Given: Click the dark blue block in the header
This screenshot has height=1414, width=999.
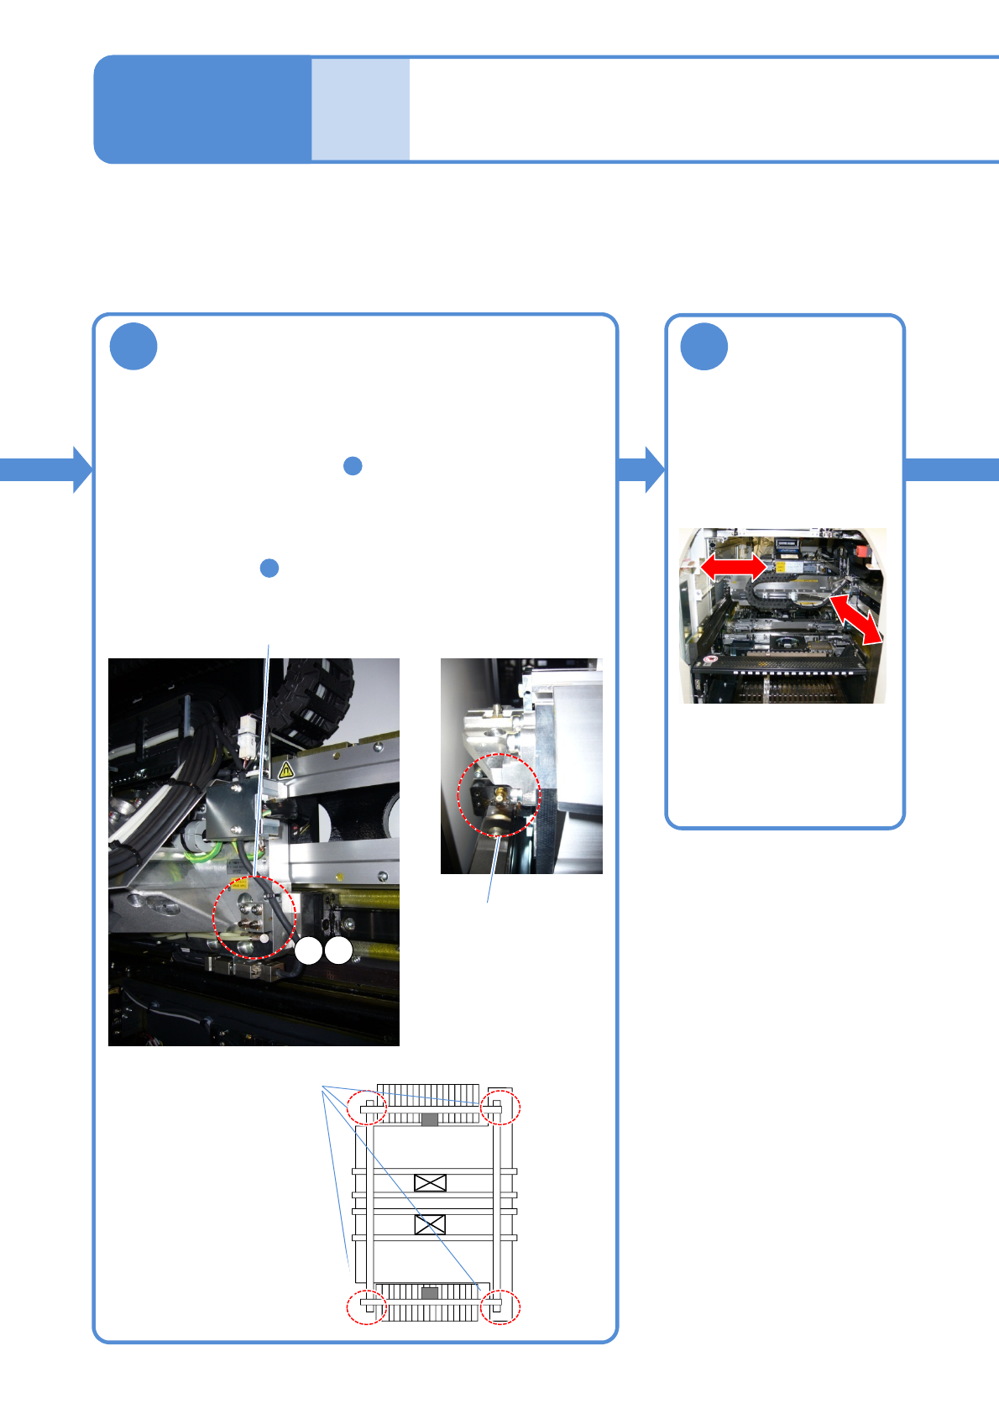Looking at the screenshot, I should (x=202, y=109).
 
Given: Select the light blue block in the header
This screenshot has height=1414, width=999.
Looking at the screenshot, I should (x=360, y=109).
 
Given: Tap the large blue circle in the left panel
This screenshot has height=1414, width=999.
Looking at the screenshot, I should (x=133, y=346).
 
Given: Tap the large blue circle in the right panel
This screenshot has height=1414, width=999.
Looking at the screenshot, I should (x=703, y=346).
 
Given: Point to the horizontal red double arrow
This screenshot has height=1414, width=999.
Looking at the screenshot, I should (x=733, y=567).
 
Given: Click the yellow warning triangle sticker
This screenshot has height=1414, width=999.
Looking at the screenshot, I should (x=285, y=769).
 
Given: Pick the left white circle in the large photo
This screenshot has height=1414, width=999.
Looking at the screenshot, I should (x=308, y=951).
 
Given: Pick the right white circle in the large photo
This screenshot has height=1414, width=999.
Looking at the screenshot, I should (x=338, y=951).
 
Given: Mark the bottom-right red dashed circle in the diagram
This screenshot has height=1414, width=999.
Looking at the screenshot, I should (x=500, y=1307).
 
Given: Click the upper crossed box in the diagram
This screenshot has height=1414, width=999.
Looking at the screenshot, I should (x=430, y=1183).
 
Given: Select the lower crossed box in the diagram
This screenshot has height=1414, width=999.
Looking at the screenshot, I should (x=430, y=1225).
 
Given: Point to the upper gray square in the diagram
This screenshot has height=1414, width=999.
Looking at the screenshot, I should (x=430, y=1119).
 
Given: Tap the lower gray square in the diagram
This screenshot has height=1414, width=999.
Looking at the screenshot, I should (x=430, y=1294).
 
